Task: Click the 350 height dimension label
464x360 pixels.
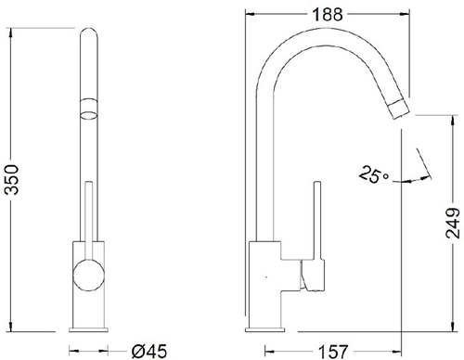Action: click(12, 180)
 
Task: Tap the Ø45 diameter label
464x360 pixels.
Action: click(148, 351)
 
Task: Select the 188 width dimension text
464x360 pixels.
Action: click(328, 14)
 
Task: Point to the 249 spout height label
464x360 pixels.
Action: click(453, 223)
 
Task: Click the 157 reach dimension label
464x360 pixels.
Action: click(333, 352)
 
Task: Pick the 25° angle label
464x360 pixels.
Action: click(374, 174)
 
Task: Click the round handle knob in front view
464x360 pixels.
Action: click(88, 276)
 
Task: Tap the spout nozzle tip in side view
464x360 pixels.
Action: click(399, 109)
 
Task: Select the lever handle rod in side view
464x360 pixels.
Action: click(317, 221)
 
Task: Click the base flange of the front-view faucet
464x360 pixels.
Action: click(88, 329)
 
